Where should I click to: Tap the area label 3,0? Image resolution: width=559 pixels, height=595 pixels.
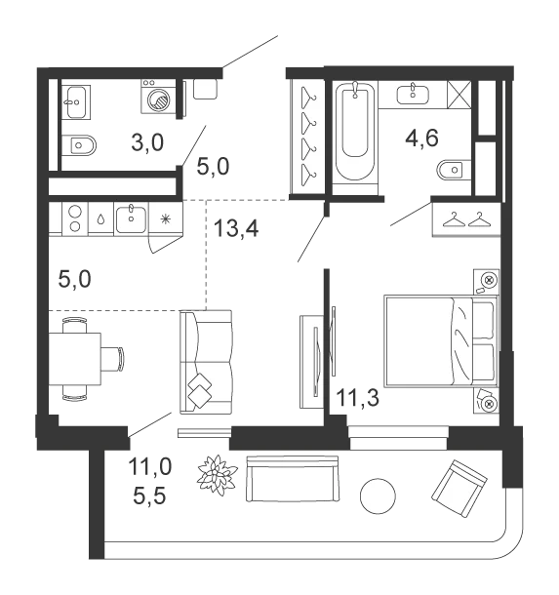(x=147, y=142)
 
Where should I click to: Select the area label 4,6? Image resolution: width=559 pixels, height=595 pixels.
(x=421, y=138)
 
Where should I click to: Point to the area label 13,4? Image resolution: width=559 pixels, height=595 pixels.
(x=236, y=228)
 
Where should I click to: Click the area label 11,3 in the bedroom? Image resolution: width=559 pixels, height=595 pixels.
(x=357, y=398)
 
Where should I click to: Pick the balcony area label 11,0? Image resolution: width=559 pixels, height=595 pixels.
(x=150, y=466)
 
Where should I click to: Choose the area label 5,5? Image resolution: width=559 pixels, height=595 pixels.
(x=149, y=496)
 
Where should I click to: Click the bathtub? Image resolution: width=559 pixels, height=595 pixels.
(x=355, y=132)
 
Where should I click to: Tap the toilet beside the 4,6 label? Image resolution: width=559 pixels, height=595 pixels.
(x=454, y=170)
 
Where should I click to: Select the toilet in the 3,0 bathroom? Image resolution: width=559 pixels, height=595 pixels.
(x=79, y=145)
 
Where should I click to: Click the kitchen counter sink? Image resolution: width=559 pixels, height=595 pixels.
(x=131, y=219)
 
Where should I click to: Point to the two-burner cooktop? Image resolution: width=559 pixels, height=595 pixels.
(x=75, y=218)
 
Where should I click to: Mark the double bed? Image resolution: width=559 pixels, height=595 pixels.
(x=441, y=341)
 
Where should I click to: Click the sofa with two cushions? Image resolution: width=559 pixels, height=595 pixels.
(x=206, y=362)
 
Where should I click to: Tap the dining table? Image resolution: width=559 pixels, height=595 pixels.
(x=75, y=359)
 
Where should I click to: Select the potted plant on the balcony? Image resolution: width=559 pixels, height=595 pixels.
(x=217, y=475)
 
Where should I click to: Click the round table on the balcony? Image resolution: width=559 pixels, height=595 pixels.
(x=378, y=496)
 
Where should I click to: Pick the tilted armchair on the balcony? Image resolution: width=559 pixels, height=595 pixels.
(x=459, y=489)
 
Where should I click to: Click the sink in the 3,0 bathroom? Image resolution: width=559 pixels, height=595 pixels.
(x=76, y=101)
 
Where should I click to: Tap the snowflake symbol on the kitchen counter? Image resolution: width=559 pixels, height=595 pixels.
(x=165, y=218)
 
